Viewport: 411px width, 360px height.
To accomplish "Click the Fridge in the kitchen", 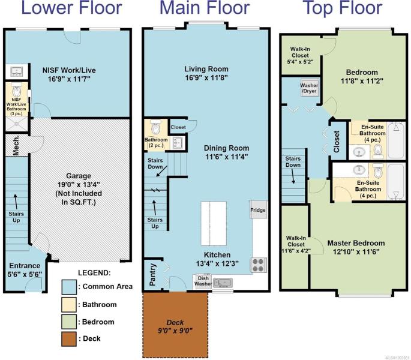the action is (x=259, y=210).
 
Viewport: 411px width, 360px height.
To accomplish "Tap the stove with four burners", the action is (x=258, y=265).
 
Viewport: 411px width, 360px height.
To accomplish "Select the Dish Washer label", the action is (x=203, y=281).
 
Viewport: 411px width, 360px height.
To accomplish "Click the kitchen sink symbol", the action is (x=223, y=283).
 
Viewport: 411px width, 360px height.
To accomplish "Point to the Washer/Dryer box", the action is (x=310, y=88).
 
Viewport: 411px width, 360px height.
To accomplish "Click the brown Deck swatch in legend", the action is (x=69, y=339).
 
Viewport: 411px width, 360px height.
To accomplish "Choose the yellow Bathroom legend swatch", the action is (x=69, y=305).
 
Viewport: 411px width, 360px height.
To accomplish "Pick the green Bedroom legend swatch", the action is (x=69, y=322).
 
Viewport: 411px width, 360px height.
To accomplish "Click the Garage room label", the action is (x=79, y=176).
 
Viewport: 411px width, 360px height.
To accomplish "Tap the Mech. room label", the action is (x=16, y=146).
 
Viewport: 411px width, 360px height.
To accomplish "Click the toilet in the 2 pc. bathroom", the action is (x=155, y=127).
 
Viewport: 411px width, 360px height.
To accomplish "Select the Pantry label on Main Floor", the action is (x=152, y=275).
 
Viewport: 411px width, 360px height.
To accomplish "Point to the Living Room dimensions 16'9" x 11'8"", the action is (x=206, y=78).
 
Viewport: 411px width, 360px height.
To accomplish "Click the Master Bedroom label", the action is (x=356, y=243).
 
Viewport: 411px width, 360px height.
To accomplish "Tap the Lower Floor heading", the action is (x=71, y=7).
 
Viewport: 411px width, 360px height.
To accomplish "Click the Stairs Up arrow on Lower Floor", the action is (x=16, y=201).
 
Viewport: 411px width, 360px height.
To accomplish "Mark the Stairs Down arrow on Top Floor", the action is (x=293, y=176).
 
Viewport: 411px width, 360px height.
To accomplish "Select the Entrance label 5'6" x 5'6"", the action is (x=25, y=270).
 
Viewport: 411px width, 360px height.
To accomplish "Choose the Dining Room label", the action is (x=226, y=148).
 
